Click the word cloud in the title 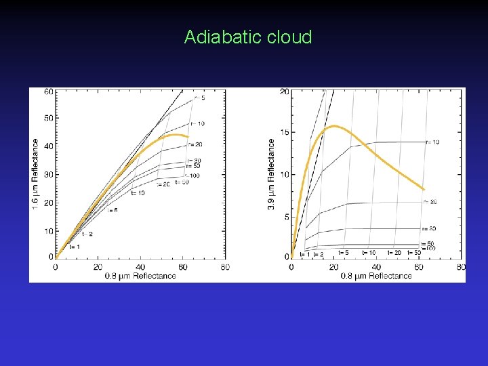click(289, 37)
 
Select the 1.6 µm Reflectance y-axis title click(35, 174)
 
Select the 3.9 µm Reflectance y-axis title click(272, 174)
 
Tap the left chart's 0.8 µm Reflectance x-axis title click(141, 276)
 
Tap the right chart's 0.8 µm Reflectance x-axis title click(377, 276)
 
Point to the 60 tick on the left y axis click(49, 91)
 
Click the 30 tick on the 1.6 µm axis click(49, 174)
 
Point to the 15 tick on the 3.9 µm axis click(285, 133)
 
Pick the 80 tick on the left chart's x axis click(224, 267)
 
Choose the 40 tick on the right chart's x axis click(376, 267)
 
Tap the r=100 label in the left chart click(194, 176)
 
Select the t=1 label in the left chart click(75, 247)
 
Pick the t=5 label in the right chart click(344, 253)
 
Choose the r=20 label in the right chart click(430, 202)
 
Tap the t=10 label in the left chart click(138, 193)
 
